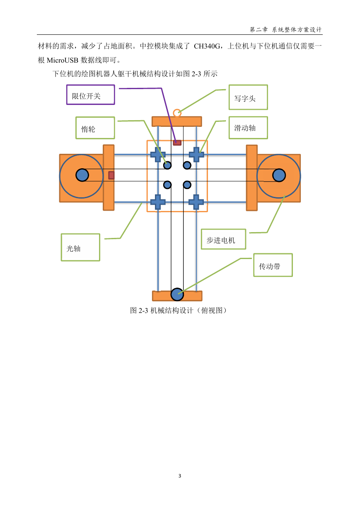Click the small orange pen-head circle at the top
177,113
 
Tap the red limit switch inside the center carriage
177,143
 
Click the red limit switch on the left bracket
111,175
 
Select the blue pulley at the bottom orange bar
177,294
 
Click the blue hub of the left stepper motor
82,175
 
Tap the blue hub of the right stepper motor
279,175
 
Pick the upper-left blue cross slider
158,155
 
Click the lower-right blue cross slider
196,202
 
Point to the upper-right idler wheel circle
187,165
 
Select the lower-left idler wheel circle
167,185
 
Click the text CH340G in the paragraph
207,46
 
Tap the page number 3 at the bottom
180,475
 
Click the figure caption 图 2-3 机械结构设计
162,310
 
